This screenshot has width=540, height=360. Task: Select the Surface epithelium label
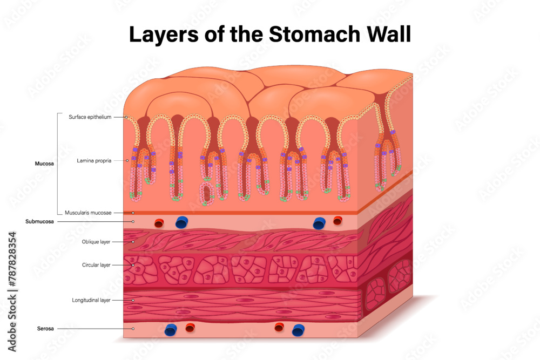click(90, 117)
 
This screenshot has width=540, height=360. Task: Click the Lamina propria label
click(94, 160)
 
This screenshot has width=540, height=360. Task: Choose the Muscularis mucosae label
click(87, 213)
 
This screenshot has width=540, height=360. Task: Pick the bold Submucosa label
click(39, 222)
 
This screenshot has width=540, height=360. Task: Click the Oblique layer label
click(96, 242)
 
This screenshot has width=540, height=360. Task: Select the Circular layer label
click(96, 265)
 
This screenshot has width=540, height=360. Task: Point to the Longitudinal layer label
click(91, 300)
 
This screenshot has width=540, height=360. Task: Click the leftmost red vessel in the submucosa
click(159, 222)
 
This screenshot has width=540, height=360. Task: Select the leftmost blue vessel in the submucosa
click(182, 222)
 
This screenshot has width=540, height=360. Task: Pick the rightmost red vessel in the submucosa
click(338, 220)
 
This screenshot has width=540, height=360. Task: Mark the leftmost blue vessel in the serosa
click(171, 330)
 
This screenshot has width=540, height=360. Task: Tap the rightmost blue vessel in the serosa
click(298, 330)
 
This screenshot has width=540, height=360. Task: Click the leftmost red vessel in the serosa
click(190, 327)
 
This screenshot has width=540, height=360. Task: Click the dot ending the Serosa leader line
click(133, 328)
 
